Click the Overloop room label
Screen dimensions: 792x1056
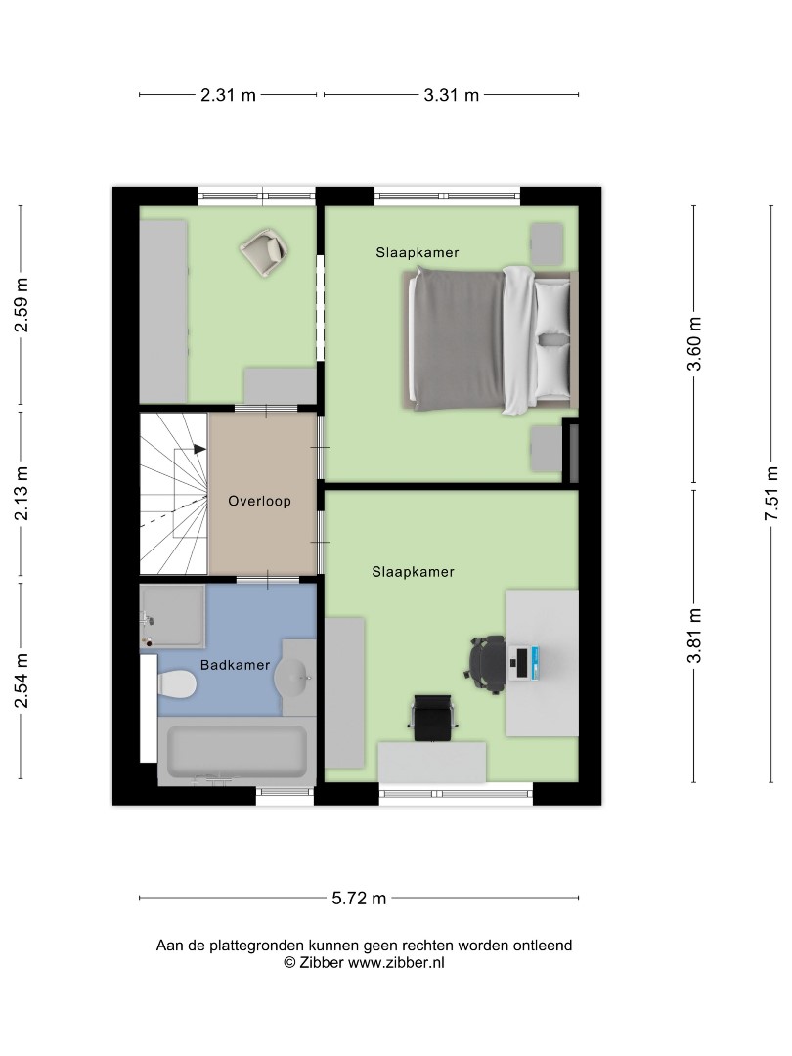(259, 501)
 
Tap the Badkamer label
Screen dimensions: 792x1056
(235, 665)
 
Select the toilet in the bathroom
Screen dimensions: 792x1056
(176, 684)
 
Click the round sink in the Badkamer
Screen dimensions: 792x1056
(292, 676)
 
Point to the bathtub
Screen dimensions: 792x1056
(237, 750)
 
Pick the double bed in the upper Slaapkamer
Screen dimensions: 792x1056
(490, 339)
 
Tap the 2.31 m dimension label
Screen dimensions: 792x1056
(228, 95)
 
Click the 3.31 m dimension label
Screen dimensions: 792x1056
(451, 95)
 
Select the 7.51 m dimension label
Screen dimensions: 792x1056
(771, 494)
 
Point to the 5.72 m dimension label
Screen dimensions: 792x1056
(359, 898)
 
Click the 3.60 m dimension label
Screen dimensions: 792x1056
(694, 344)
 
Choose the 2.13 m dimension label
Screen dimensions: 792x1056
(22, 494)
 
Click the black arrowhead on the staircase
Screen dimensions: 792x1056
(199, 449)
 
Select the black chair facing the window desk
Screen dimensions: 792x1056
(432, 718)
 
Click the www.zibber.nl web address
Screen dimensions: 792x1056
(396, 963)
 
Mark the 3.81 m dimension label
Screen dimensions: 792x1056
(694, 636)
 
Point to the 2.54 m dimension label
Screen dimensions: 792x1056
(22, 681)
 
